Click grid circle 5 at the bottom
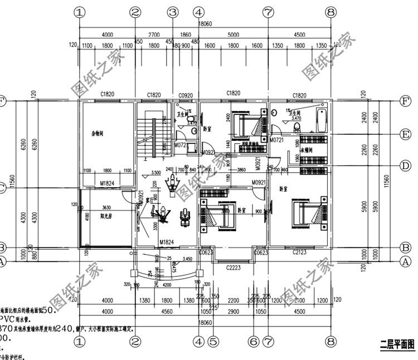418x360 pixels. point(212,340)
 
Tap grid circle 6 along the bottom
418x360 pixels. point(254,340)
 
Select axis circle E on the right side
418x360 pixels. point(406,134)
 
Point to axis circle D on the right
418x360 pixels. point(406,165)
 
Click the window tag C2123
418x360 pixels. point(300,252)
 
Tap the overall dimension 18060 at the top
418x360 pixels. point(206,25)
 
